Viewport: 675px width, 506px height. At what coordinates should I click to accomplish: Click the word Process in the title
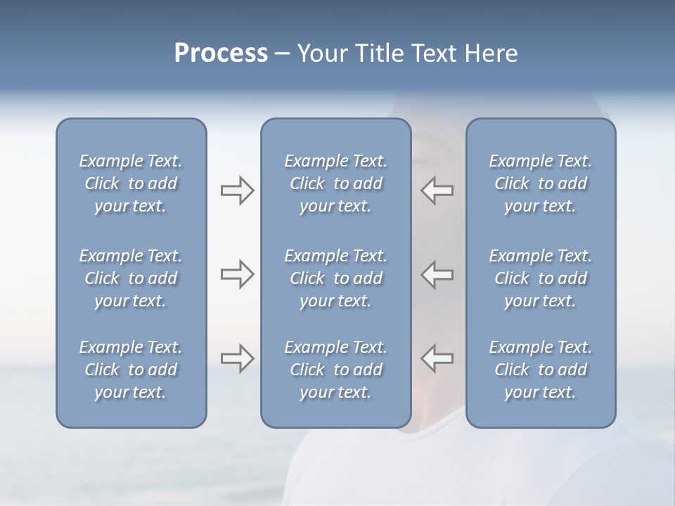221,53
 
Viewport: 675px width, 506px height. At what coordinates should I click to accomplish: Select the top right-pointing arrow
237,190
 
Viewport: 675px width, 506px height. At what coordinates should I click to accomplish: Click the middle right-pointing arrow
237,274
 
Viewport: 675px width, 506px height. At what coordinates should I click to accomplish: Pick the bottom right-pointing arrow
237,358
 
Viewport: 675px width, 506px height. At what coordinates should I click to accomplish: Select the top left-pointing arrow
437,190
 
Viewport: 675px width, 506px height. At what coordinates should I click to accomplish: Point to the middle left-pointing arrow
437,274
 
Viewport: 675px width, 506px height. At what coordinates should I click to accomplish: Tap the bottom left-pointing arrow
437,358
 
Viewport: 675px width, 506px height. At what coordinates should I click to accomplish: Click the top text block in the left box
131,183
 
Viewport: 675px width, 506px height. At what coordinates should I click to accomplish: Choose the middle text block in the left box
131,278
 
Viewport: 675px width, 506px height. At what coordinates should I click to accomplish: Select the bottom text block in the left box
131,370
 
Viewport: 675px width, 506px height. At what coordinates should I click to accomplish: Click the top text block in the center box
335,183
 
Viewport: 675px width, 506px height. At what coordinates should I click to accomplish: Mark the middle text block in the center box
335,278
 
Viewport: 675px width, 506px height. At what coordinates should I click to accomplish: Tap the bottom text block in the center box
335,370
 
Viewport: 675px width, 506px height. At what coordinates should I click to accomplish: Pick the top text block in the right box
541,183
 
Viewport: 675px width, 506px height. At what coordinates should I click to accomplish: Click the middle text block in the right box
541,278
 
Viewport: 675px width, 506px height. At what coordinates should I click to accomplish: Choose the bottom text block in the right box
541,370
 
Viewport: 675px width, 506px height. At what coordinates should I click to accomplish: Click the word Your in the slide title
321,53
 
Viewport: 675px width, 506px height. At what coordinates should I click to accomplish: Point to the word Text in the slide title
433,53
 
